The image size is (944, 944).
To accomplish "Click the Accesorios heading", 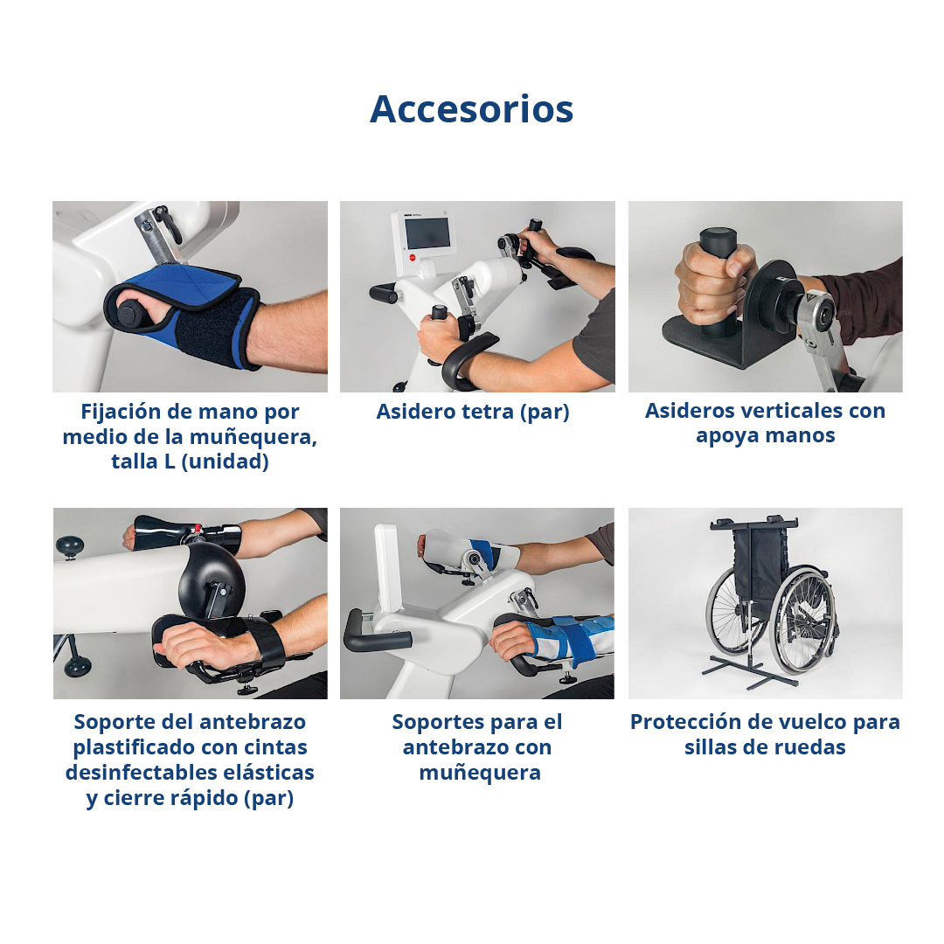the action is (x=471, y=109).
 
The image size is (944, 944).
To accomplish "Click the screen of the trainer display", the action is (x=427, y=233).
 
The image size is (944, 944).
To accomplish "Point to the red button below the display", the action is (x=413, y=258).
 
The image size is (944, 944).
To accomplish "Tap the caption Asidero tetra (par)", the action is (x=473, y=412).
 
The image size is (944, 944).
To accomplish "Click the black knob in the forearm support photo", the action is (x=71, y=547).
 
